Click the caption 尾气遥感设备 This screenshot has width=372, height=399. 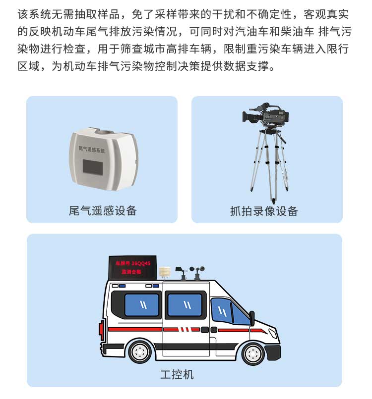[103, 211]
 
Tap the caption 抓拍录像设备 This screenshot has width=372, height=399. [264, 211]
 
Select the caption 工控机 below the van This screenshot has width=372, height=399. [177, 375]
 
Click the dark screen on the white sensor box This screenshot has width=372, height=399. [93, 167]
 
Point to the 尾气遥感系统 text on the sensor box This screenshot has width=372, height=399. [92, 149]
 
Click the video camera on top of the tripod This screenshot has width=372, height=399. [265, 115]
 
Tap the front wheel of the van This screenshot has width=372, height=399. [253, 353]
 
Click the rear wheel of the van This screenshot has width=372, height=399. [140, 352]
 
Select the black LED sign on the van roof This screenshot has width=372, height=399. [132, 268]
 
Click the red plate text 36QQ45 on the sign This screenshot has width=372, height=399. [141, 263]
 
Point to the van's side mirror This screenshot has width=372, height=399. [252, 318]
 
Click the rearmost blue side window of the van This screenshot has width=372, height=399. [141, 305]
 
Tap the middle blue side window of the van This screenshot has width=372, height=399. [185, 305]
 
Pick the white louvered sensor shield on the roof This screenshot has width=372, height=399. [165, 273]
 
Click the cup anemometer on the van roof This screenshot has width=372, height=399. [197, 272]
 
